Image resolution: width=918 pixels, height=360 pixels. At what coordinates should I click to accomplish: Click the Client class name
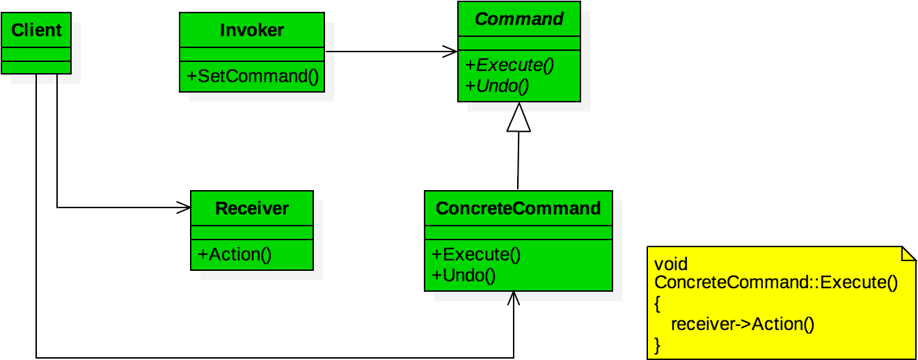pos(36,31)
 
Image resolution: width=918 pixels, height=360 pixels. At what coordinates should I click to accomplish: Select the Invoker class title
pos(252,31)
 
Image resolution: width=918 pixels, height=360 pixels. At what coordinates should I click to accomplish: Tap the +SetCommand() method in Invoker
pos(253,77)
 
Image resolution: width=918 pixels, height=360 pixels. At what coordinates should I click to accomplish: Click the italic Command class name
pos(519,19)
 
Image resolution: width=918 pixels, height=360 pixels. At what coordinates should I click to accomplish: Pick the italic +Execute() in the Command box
pos(509,65)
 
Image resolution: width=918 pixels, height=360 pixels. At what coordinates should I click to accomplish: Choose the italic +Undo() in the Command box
pos(497,86)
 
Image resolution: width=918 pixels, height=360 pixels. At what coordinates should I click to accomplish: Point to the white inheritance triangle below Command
pos(519,118)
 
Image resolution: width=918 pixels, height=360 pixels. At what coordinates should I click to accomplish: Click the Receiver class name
pos(252,209)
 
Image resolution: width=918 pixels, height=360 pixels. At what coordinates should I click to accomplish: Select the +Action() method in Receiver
pos(235,255)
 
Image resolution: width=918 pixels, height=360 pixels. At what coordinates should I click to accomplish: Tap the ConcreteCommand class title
pos(518,209)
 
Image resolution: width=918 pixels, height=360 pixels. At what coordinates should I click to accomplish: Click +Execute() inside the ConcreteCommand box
pos(476,255)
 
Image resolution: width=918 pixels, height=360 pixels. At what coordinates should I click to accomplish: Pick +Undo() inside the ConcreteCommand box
pos(464,276)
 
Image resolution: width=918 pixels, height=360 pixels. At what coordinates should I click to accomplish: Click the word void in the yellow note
pos(671,264)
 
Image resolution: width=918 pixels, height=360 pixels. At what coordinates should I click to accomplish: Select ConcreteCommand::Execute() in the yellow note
pos(776,283)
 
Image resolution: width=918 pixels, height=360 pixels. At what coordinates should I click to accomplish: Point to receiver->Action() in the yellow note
pos(742,324)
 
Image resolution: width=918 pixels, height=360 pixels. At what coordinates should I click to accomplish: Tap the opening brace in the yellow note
pos(658,304)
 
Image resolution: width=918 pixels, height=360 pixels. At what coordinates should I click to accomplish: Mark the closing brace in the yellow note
pos(658,344)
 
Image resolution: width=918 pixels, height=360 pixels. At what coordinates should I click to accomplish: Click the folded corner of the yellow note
pos(908,254)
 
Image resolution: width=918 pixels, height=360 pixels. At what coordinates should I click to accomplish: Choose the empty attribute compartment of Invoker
pos(252,55)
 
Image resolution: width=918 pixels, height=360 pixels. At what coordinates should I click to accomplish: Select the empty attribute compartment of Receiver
pos(252,233)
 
